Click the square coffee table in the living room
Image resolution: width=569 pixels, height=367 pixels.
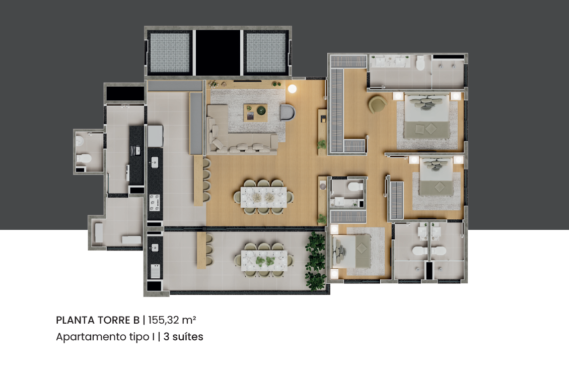(255, 112)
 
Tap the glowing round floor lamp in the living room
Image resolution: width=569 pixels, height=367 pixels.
(292, 89)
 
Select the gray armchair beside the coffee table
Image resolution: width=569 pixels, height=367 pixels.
(288, 112)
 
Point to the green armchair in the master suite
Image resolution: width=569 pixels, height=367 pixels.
(377, 104)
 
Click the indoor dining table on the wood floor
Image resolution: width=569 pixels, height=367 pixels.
(263, 197)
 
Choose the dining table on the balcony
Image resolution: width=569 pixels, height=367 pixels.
(264, 261)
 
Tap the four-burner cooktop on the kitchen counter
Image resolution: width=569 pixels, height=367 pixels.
(155, 202)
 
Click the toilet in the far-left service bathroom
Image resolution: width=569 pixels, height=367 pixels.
(84, 158)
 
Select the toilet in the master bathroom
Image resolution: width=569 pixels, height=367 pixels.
(420, 63)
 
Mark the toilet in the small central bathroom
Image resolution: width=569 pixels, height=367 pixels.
(355, 187)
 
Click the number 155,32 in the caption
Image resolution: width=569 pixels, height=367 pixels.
(164, 320)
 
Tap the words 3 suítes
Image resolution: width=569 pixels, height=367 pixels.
(183, 337)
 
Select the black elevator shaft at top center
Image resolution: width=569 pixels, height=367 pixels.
(218, 52)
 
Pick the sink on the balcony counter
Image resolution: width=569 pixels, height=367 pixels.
(155, 248)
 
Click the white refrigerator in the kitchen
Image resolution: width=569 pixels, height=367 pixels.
(155, 136)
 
